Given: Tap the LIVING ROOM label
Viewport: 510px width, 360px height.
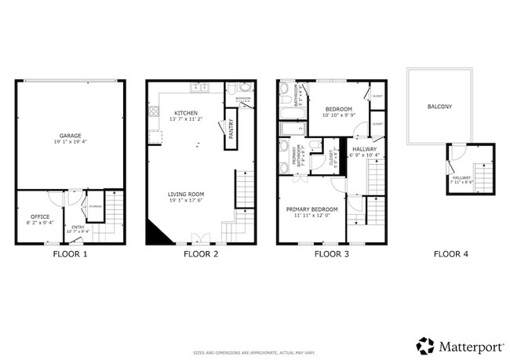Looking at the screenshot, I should pyautogui.click(x=187, y=194).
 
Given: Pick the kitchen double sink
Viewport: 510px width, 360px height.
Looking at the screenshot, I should pyautogui.click(x=200, y=86).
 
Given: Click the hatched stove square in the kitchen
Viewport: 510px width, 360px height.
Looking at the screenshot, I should pyautogui.click(x=154, y=112).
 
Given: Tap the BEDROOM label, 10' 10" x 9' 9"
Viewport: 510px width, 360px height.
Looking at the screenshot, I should pyautogui.click(x=338, y=109).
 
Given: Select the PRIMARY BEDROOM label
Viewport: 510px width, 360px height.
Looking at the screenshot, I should pyautogui.click(x=311, y=209).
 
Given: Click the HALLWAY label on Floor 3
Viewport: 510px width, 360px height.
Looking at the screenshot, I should pyautogui.click(x=364, y=149).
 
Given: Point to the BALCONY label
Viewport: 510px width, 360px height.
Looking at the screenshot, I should pyautogui.click(x=439, y=107).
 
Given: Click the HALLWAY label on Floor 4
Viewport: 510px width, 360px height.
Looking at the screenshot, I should pyautogui.click(x=461, y=178).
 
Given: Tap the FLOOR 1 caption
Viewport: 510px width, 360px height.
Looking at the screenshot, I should pyautogui.click(x=70, y=254).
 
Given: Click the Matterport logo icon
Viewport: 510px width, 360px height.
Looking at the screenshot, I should pyautogui.click(x=424, y=345).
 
